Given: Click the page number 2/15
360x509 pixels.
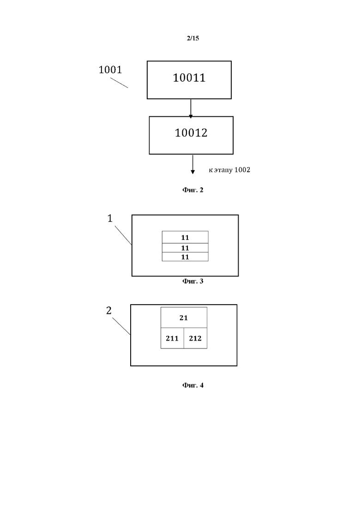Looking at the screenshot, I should point(192,38).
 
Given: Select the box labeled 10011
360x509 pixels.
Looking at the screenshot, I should point(189,80).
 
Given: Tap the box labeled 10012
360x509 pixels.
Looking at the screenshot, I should point(191,135).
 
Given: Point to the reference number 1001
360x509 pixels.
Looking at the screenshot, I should point(110,70).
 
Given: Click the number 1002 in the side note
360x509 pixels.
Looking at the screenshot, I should point(242,170).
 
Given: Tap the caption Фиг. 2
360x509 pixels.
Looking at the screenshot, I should point(192,190).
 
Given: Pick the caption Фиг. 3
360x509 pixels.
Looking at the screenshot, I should point(192,281).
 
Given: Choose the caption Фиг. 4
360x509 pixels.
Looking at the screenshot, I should point(192,385).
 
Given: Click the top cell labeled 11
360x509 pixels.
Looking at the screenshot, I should point(185,238).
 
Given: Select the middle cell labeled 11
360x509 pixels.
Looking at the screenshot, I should point(185,248).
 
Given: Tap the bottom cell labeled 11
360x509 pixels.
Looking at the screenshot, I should point(185,257).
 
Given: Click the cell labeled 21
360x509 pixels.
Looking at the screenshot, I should point(184,317).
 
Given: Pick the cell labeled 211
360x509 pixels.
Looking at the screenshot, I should point(172,338).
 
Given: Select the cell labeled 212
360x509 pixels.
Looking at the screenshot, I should point(195,338).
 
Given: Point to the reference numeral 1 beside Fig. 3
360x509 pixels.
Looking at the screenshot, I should point(110,218).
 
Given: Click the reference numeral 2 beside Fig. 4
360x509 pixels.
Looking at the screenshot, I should point(109,311).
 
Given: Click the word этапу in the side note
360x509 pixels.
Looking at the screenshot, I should point(223,170).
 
